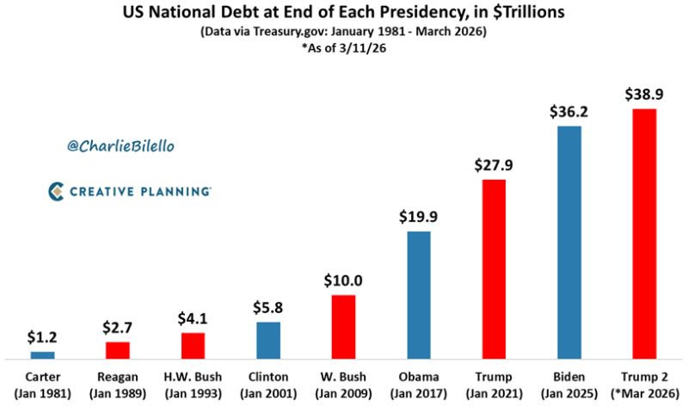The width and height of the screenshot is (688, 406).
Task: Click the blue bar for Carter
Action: pos(42,354)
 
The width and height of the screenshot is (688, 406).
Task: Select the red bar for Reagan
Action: pos(118,349)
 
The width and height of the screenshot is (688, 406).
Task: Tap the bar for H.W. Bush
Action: pos(193,344)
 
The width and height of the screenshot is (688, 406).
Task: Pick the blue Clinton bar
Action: pos(268,339)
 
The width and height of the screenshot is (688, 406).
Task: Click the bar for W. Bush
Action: pos(343,326)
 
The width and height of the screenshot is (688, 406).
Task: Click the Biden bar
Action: pos(569,242)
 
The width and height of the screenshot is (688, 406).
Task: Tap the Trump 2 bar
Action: pos(644,233)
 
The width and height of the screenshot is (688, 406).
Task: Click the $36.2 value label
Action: pos(569,112)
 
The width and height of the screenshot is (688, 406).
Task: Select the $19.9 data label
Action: pos(418,216)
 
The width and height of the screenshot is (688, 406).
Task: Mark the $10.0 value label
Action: pos(343,280)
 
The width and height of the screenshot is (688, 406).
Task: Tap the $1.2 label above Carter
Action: pos(42,337)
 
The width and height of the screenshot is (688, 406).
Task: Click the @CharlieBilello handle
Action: pos(120,146)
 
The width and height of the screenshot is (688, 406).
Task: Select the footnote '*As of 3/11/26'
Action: pos(343,48)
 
